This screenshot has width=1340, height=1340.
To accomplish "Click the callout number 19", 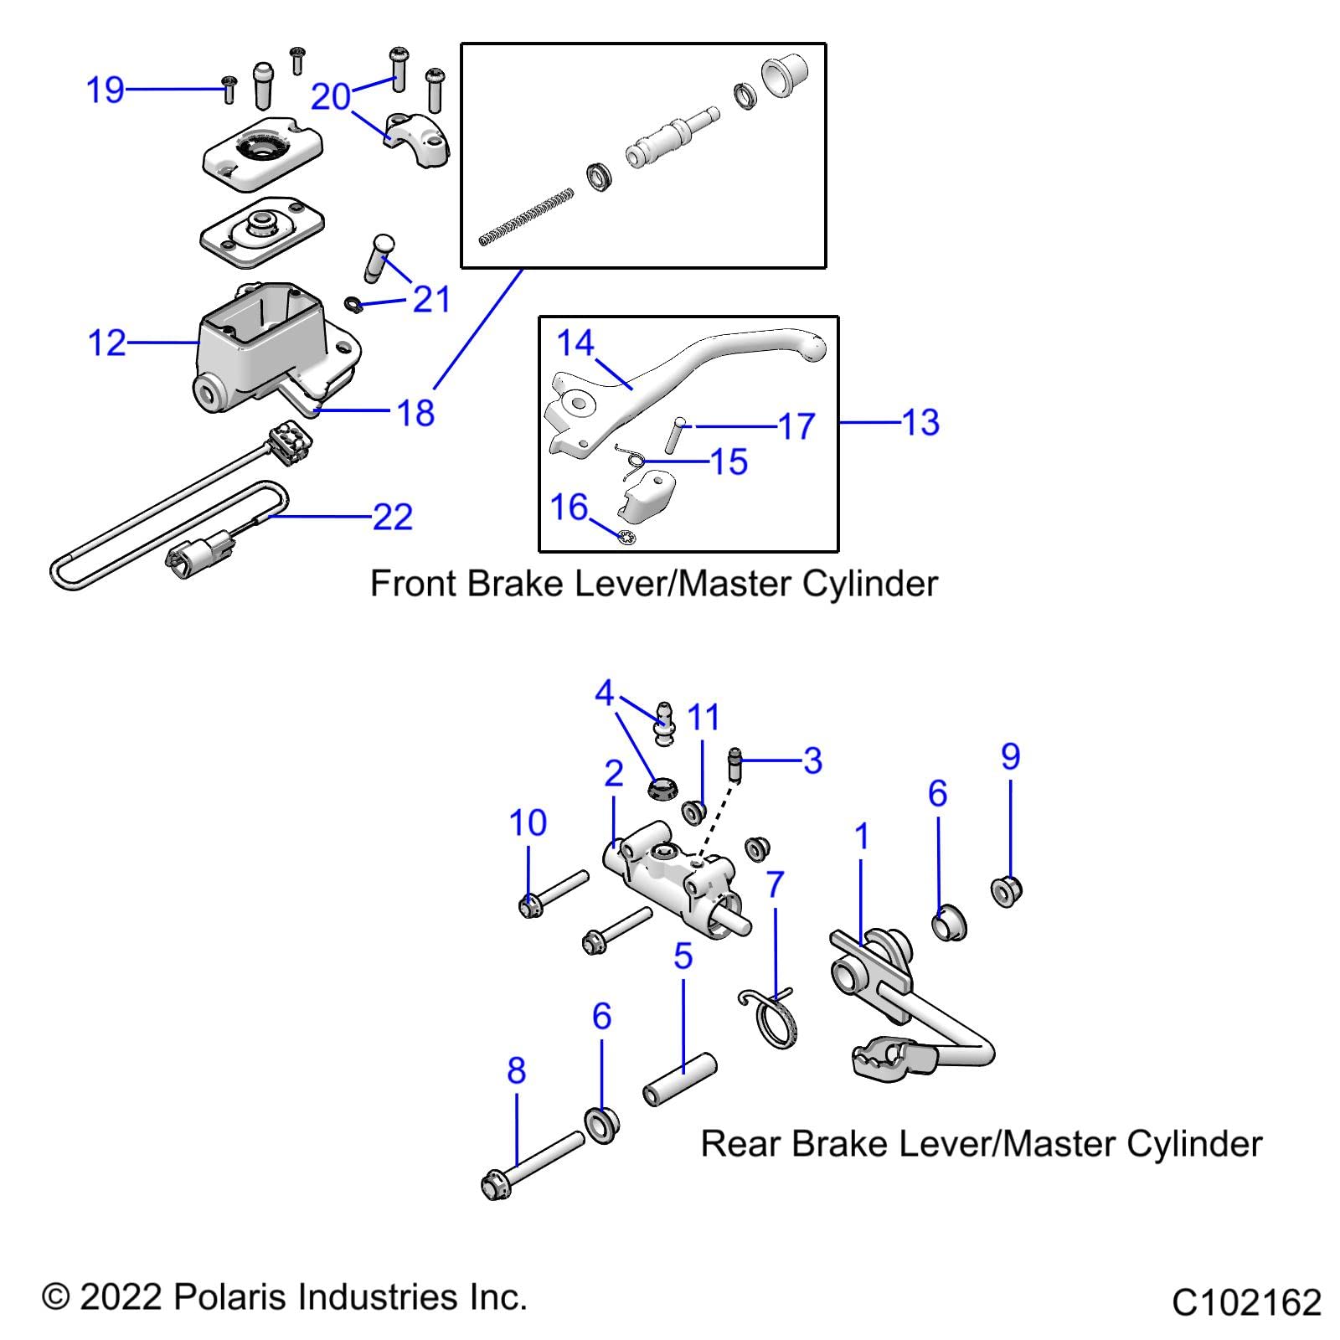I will (106, 90).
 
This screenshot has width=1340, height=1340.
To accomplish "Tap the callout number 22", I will (393, 517).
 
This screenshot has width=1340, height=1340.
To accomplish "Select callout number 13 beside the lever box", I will (920, 423).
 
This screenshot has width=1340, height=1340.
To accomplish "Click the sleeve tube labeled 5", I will (680, 1080).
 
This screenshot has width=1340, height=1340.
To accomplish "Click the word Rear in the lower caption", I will (741, 1144).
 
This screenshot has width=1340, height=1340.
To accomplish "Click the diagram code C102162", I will (1246, 1303).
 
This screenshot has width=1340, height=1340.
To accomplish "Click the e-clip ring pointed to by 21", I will (354, 302).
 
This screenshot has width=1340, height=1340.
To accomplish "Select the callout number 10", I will (528, 823).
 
